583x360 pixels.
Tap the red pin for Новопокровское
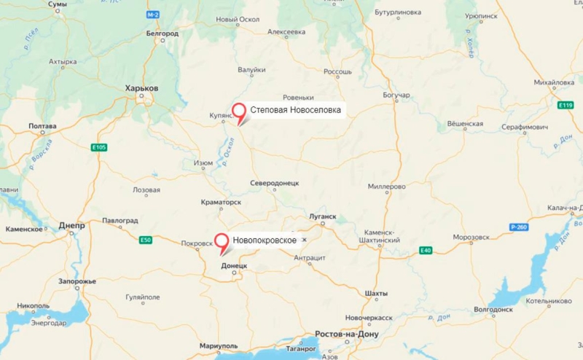pos(221,240)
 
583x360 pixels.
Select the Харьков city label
pos(141,87)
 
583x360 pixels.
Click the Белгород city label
pos(162,34)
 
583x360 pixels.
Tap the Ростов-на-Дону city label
pos(347,334)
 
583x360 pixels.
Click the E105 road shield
pos(99,148)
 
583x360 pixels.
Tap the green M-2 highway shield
pos(152,15)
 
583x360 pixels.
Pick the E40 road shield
pos(426,251)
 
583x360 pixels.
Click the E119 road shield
pos(566,106)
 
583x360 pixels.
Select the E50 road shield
pos(146,240)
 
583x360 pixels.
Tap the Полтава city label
pos(42,126)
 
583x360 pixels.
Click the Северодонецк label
pos(274,182)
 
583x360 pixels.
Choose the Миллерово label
pos(386,187)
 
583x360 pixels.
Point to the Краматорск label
pos(220,202)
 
